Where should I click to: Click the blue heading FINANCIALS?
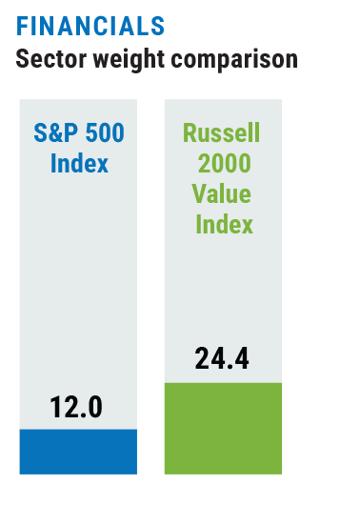coord(90,26)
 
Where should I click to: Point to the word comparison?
coord(234,60)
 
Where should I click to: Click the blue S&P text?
coord(55,132)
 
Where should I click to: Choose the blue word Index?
coord(79,163)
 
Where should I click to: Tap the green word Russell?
coord(221,132)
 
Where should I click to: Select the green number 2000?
coord(225,163)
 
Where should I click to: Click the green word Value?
coord(222,193)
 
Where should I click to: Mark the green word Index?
coord(225,224)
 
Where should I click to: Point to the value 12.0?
coord(76,408)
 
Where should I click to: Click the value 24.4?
coord(222,358)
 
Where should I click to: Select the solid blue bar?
coord(78,452)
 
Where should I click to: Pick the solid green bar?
coord(223,429)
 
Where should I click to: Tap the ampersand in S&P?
coord(56,132)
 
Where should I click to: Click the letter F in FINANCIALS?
coord(22,26)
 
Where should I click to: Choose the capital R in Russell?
coord(190,132)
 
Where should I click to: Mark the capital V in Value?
coord(199,193)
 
